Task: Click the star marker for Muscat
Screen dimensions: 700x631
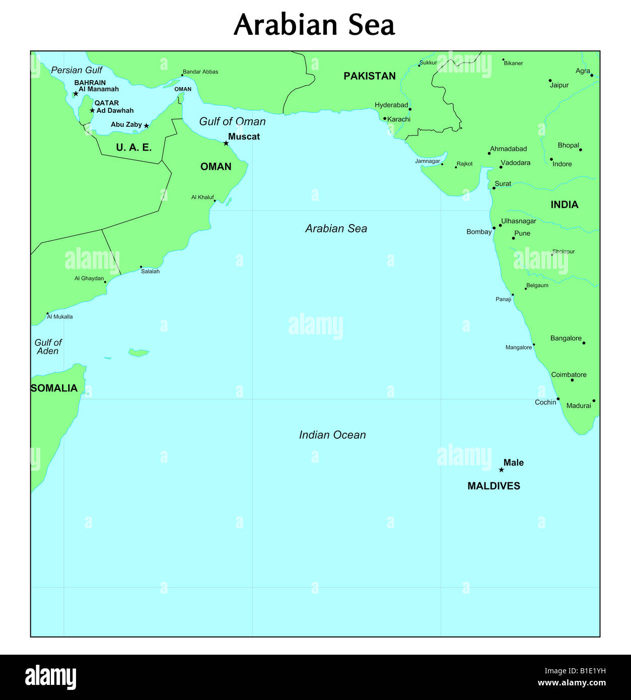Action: click(x=226, y=144)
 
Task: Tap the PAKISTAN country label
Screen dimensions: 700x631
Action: click(x=370, y=76)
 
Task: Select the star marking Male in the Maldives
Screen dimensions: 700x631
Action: click(x=501, y=470)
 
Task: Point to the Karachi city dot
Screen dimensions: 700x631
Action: click(x=385, y=119)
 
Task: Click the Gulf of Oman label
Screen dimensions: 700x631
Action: click(x=232, y=121)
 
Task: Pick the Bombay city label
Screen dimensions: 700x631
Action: click(x=479, y=232)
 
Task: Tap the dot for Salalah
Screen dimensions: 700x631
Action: click(x=141, y=267)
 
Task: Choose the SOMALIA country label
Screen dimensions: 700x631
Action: click(x=54, y=388)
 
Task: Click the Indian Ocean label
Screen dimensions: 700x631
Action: click(x=332, y=435)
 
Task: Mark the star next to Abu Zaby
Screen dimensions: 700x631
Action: click(x=147, y=126)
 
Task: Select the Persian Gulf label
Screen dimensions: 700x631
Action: click(x=77, y=70)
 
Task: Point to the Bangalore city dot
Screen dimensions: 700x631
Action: click(x=584, y=343)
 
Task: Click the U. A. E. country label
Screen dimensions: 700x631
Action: click(x=133, y=147)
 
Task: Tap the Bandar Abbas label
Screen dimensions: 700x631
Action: click(x=200, y=72)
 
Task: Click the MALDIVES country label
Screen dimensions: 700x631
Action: click(x=494, y=486)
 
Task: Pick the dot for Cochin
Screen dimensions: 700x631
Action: click(x=558, y=399)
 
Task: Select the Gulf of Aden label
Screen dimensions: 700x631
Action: click(x=48, y=346)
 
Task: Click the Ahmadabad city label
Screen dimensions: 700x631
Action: click(x=509, y=149)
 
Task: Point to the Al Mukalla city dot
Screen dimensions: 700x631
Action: click(x=48, y=313)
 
